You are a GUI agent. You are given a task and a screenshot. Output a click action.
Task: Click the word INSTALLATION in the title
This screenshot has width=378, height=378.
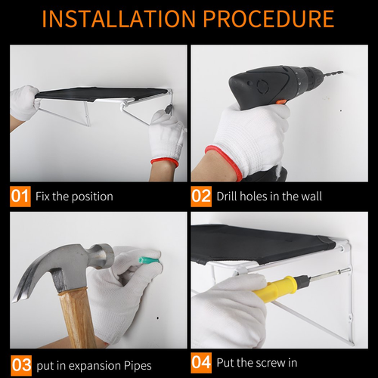(x=119, y=19)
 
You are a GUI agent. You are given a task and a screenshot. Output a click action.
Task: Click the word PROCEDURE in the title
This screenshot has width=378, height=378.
(x=268, y=19)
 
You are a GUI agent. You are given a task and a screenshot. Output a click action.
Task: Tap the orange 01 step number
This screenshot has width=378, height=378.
(x=20, y=197)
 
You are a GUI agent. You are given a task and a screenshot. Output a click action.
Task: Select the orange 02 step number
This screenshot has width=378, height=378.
(x=201, y=197)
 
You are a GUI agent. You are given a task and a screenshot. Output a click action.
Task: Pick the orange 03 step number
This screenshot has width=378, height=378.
(x=21, y=365)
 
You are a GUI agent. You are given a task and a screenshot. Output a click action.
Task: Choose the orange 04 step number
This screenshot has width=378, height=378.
(x=201, y=363)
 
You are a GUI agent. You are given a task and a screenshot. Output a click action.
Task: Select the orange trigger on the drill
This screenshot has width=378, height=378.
(x=281, y=102)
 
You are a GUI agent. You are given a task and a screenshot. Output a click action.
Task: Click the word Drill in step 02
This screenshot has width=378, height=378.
(x=227, y=197)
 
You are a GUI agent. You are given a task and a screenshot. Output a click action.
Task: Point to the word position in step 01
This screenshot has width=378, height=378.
(x=92, y=197)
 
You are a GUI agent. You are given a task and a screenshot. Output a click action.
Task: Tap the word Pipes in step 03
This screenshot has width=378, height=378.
(x=138, y=366)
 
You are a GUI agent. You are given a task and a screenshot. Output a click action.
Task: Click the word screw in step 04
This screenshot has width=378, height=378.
(x=268, y=364)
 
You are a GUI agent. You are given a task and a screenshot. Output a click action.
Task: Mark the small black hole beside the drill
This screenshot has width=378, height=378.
(x=341, y=110)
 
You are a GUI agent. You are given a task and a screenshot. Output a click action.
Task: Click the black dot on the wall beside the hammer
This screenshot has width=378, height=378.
(x=158, y=318)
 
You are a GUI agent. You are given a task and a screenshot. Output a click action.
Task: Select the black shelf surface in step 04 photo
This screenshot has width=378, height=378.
(x=262, y=243)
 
